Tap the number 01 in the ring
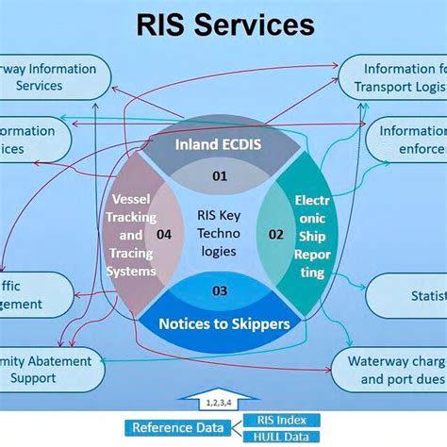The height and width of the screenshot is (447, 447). click(x=220, y=175)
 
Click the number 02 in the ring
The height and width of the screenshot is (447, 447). click(x=276, y=234)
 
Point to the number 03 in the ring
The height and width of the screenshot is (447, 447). click(x=219, y=290)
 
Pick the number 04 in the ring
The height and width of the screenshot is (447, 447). click(x=164, y=234)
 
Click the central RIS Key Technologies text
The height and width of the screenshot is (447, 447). click(x=219, y=234)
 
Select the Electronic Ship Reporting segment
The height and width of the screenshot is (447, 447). click(x=310, y=236)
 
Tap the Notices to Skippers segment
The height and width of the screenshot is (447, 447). click(x=223, y=323)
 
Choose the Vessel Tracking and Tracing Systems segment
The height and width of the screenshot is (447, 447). click(x=130, y=236)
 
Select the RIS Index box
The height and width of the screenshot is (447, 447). click(x=281, y=420)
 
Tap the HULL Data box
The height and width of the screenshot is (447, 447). click(x=281, y=436)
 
